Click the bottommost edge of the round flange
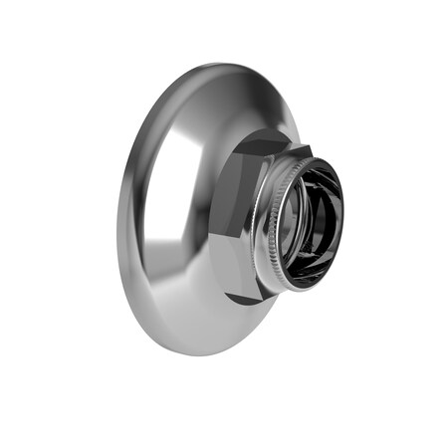(194, 355)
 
